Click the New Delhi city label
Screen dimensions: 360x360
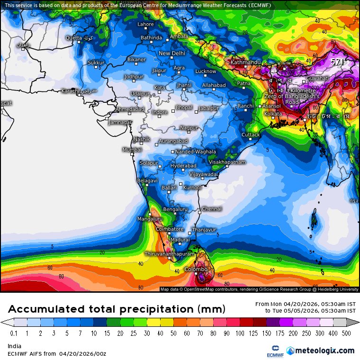[x=171, y=54]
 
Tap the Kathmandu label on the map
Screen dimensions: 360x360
[x=245, y=63]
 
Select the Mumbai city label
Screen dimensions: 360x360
[x=132, y=150]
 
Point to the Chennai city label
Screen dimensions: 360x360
[x=212, y=208]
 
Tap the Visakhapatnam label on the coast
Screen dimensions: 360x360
[x=227, y=162]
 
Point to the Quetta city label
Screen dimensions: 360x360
[x=73, y=37]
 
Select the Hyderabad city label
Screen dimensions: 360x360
[x=183, y=166]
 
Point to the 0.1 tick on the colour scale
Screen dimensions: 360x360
[x=14, y=333]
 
